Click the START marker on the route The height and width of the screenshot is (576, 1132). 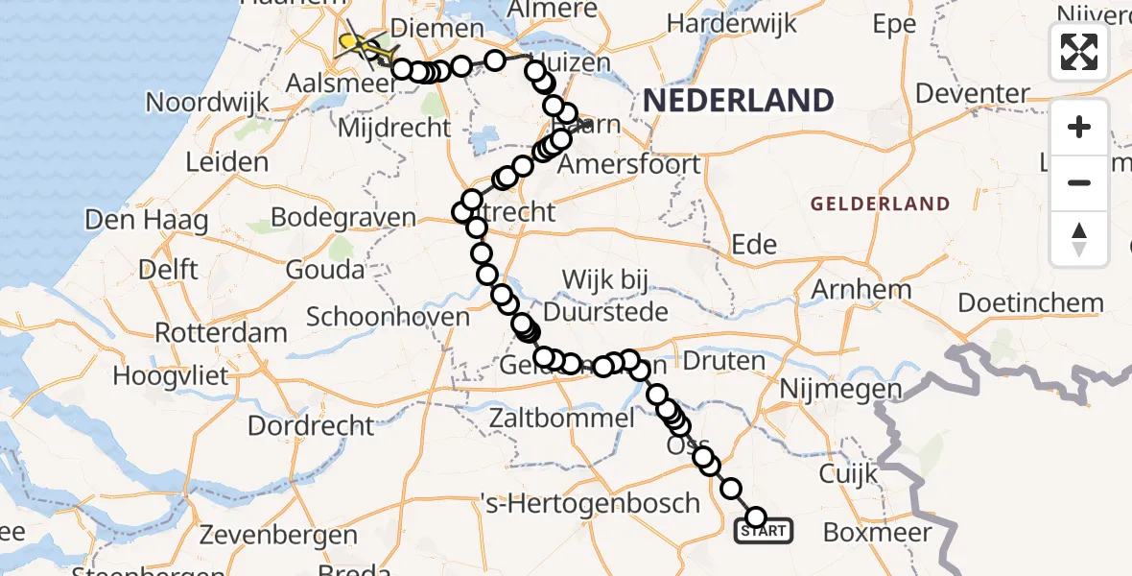coord(764,530)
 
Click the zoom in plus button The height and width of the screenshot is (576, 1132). coord(1079,127)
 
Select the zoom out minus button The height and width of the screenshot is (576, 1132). coord(1079,182)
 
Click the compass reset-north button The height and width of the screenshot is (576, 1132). coord(1079,238)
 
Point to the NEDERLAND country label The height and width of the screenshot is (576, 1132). coord(738,100)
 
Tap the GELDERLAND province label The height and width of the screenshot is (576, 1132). coord(880,204)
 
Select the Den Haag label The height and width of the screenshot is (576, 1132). coord(147,220)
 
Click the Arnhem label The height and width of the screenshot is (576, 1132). coord(861,289)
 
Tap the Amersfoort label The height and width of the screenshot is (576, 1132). coord(629,164)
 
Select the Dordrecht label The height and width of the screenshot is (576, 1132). coord(312,423)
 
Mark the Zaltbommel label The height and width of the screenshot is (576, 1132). coord(561,419)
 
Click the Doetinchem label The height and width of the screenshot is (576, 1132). coord(1030,303)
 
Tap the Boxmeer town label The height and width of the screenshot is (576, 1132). coord(877,531)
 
